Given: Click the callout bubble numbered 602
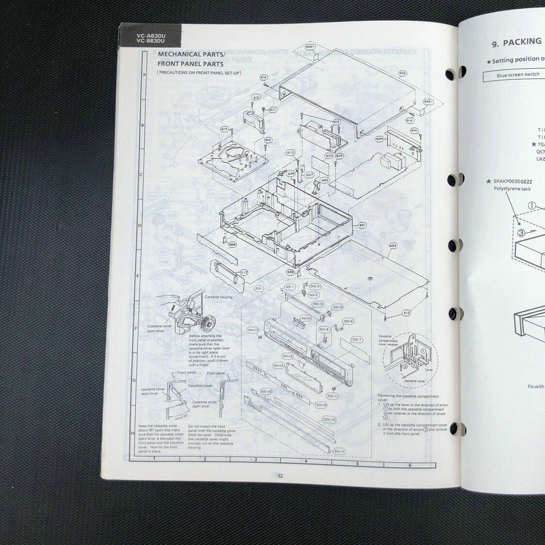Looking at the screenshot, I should click(402, 73).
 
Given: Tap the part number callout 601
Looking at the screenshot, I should click(362, 225).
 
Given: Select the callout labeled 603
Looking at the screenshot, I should click(393, 246).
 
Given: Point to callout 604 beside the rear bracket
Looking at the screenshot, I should click(379, 138).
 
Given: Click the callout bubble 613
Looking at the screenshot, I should click(406, 313).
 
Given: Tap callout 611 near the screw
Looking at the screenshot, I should click(273, 110).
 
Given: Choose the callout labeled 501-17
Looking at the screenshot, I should click(340, 451).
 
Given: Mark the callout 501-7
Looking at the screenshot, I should click(357, 339).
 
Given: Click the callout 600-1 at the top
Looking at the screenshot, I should click(310, 47).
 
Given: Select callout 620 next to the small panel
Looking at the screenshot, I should click(329, 155).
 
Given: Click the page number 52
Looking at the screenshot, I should click(280, 476).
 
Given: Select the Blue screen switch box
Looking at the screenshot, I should click(511, 75).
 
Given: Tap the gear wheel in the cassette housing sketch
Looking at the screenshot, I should click(208, 322).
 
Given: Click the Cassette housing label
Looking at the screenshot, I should click(219, 297).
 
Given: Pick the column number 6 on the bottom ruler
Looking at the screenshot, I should click(409, 465).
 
